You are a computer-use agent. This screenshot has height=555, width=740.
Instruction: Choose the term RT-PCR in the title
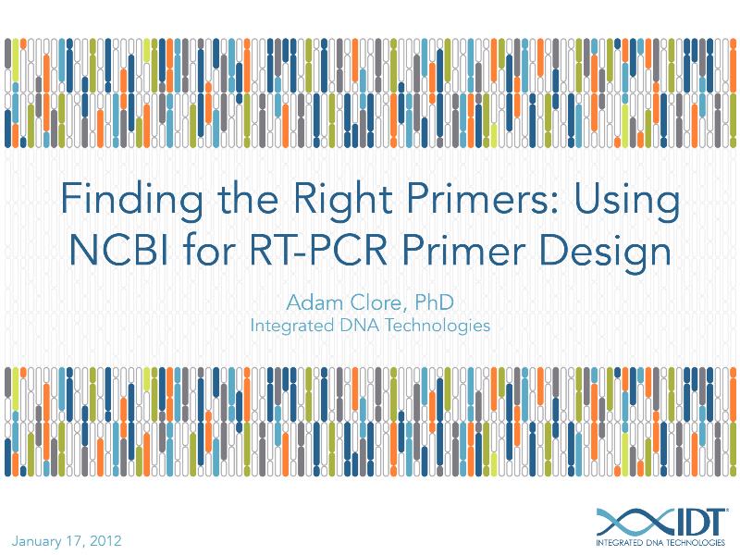[341, 250]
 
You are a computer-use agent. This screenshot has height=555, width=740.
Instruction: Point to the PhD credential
[434, 302]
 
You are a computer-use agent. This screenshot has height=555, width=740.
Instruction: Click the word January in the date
[40, 540]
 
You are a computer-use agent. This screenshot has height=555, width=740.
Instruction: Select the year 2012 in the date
[105, 540]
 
